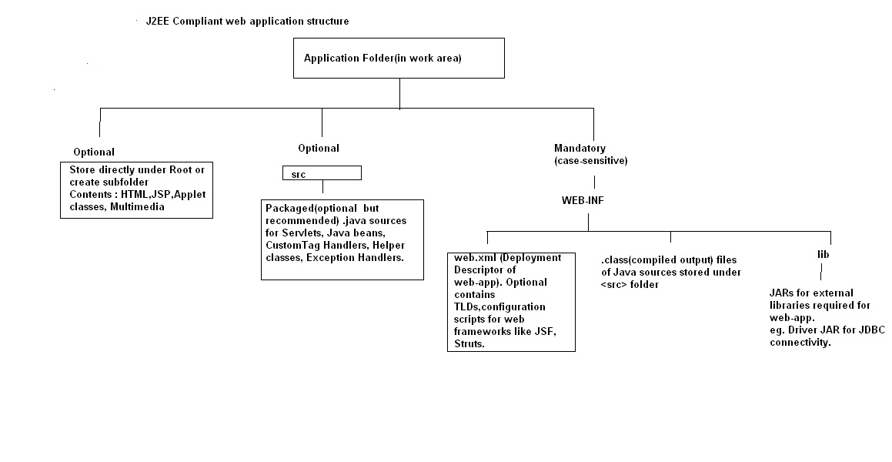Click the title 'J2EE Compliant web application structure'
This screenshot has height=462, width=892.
(x=247, y=22)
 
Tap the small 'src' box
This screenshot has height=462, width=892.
(x=322, y=174)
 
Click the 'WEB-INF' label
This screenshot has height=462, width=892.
(x=587, y=199)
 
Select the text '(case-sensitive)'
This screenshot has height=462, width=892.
(x=591, y=160)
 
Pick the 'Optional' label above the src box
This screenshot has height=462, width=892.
(x=319, y=148)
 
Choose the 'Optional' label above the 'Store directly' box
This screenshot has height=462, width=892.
(x=94, y=152)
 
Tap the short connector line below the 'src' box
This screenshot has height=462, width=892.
(x=322, y=188)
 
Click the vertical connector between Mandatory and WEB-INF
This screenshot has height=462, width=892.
(x=594, y=182)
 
